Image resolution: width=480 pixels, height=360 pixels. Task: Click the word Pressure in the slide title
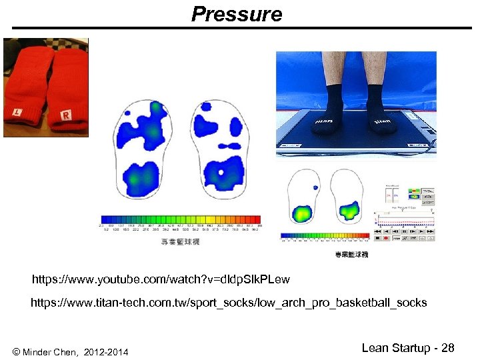tap(237, 14)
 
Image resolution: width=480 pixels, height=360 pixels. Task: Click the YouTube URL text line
tap(161, 277)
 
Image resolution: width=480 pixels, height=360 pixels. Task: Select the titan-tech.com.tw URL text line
tap(229, 303)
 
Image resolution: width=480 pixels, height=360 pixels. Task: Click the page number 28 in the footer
tap(447, 347)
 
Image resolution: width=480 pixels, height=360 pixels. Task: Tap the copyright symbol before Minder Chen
tap(16, 351)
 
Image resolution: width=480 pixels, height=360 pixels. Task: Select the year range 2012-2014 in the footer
tap(107, 351)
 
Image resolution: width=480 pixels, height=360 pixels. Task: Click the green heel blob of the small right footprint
tap(349, 212)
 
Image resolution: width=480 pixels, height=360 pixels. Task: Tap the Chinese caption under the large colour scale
tap(181, 241)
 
